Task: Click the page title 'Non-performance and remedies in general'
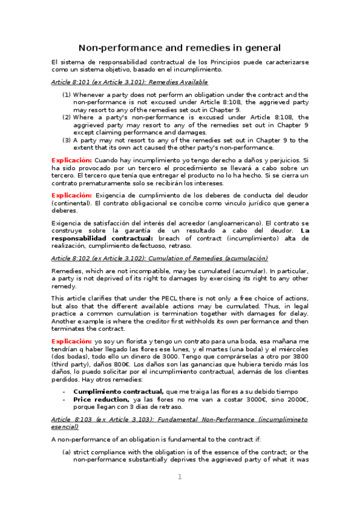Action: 180,48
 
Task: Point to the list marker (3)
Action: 67,140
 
